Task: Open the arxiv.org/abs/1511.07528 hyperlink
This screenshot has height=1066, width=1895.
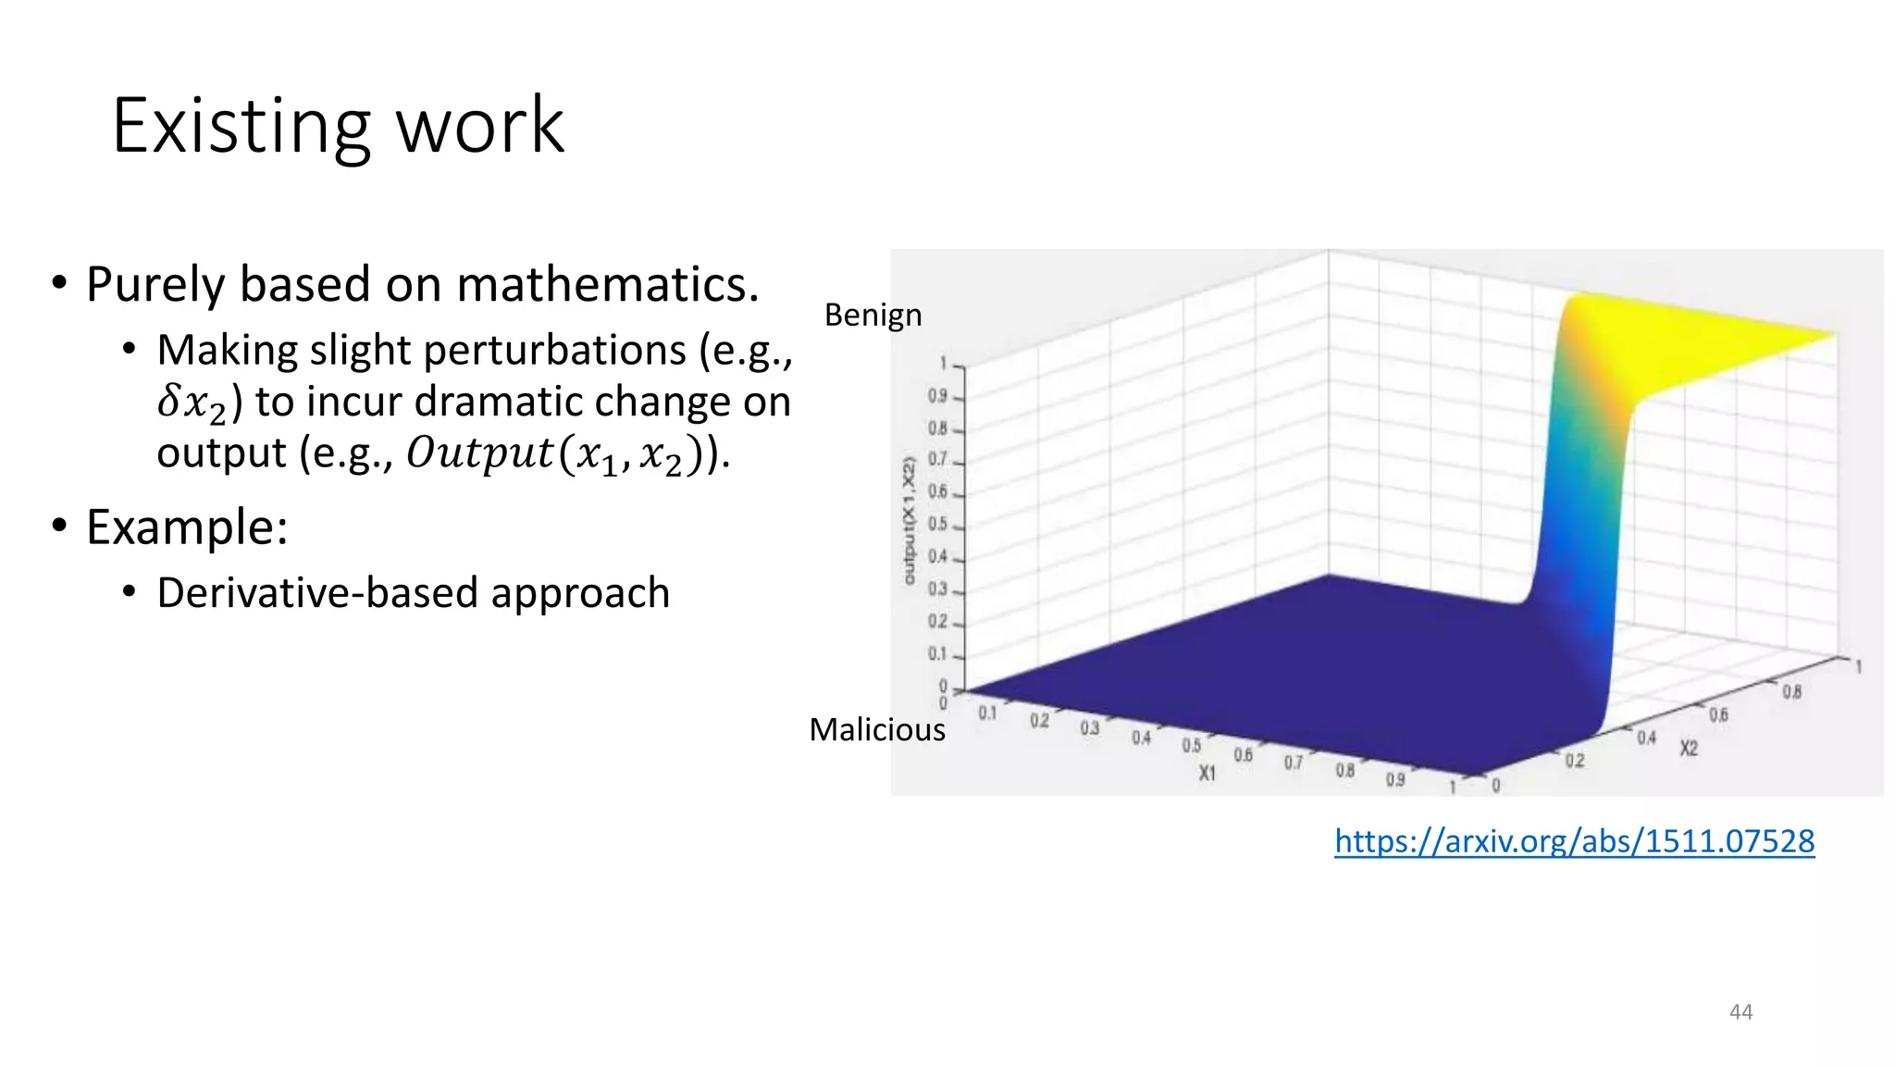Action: tap(1574, 840)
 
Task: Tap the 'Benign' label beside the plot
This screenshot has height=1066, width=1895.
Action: tap(873, 315)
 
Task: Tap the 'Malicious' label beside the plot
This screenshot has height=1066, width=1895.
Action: tap(876, 729)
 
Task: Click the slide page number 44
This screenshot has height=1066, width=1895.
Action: tap(1740, 1011)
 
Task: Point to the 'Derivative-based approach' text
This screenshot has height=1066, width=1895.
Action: tap(413, 592)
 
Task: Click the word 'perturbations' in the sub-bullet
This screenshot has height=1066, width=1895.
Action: tap(555, 350)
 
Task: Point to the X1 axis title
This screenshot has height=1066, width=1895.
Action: tap(1207, 773)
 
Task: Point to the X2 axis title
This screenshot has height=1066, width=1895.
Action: tap(1689, 748)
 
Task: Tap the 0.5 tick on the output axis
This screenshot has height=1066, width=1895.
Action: tap(937, 524)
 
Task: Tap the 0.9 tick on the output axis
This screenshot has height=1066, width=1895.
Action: tap(937, 396)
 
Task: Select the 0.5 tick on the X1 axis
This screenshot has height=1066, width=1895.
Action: tap(1191, 745)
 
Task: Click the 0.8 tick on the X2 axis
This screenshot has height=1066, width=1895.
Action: tap(1791, 691)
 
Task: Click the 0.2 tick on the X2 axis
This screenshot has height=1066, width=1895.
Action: tap(1575, 761)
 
